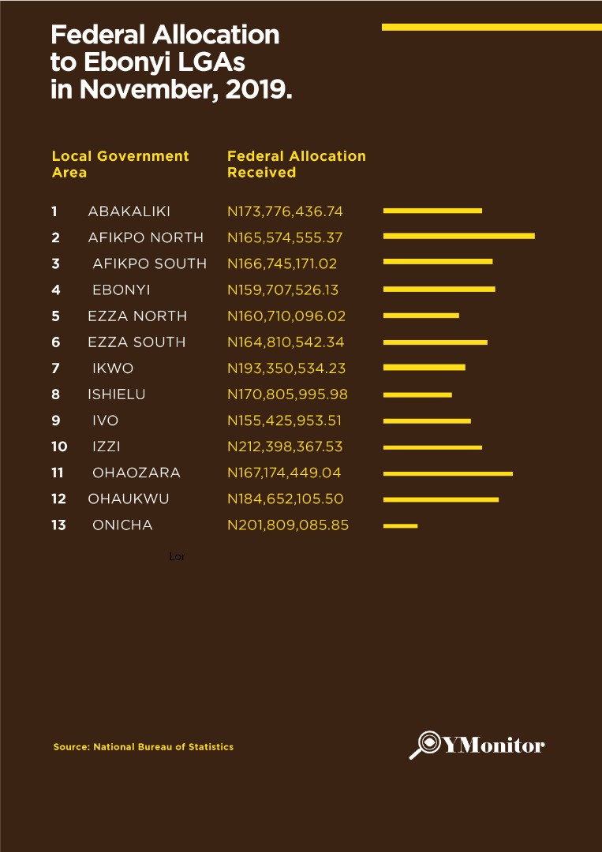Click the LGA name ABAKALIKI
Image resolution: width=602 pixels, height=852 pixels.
(129, 211)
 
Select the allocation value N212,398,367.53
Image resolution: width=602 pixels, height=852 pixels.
(285, 447)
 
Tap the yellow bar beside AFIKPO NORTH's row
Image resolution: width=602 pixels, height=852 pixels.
(458, 236)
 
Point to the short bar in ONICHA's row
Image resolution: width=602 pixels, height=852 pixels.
(400, 525)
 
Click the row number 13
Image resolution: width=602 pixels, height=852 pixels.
(58, 525)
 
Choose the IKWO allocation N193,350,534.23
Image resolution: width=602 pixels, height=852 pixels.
(286, 368)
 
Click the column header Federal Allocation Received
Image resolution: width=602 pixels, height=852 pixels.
(296, 164)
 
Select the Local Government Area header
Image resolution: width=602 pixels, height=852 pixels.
(120, 164)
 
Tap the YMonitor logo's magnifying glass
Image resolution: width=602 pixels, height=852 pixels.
(424, 744)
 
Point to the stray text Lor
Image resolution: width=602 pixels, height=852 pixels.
(177, 557)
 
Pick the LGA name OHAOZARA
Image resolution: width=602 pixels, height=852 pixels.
(136, 473)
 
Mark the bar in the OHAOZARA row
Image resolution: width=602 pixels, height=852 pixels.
(447, 473)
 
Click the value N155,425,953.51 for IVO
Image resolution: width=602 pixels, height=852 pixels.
(285, 420)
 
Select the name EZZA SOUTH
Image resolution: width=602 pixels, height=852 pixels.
(136, 342)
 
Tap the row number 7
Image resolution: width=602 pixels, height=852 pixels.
(55, 368)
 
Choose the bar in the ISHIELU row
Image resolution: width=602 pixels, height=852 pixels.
(417, 394)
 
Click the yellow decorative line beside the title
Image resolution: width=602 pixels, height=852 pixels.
(491, 27)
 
